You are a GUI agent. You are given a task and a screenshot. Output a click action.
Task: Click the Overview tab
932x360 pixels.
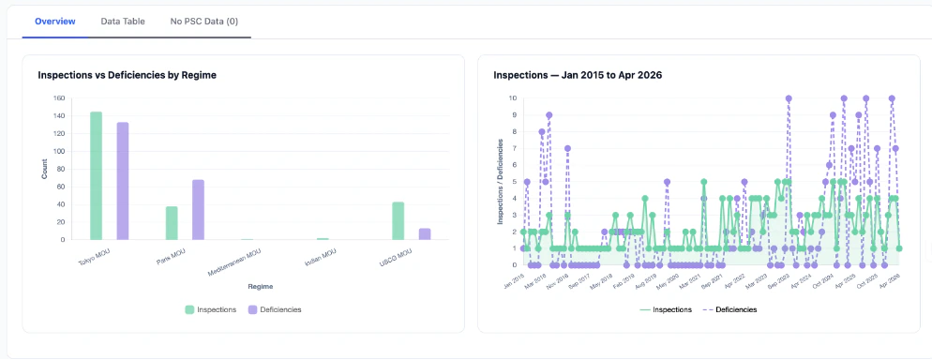tap(54, 20)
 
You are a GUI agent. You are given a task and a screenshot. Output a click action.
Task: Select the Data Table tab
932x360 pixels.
tap(123, 20)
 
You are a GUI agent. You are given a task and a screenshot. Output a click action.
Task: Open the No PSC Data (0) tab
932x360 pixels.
tap(203, 20)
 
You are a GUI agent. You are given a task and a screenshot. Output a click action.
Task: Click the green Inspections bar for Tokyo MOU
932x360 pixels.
tap(96, 175)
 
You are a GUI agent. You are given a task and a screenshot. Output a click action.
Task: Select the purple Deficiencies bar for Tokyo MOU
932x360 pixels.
tap(123, 181)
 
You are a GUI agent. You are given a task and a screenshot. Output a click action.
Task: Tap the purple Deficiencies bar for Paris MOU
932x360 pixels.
tap(198, 209)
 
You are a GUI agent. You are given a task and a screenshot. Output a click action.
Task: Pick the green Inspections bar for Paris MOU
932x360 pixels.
tap(172, 223)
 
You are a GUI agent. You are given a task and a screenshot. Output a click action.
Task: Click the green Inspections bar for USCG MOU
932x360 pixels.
tap(398, 220)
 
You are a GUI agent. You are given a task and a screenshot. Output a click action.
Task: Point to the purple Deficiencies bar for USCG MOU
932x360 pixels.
tap(425, 233)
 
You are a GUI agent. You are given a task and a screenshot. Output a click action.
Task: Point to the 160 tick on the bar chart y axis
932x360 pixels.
tap(58, 98)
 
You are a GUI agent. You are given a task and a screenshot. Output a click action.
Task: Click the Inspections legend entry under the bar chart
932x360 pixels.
tap(210, 308)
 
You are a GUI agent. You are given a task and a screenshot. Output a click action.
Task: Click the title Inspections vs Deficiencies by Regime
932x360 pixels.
tap(128, 74)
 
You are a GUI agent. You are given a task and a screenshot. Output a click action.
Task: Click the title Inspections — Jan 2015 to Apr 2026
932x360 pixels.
tap(578, 74)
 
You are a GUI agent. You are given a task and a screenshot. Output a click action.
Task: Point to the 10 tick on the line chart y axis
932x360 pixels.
tap(512, 97)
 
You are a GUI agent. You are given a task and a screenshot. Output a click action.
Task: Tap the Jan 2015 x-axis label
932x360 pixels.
tap(514, 280)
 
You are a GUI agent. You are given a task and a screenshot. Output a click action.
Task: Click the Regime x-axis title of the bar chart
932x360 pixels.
tap(248, 285)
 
